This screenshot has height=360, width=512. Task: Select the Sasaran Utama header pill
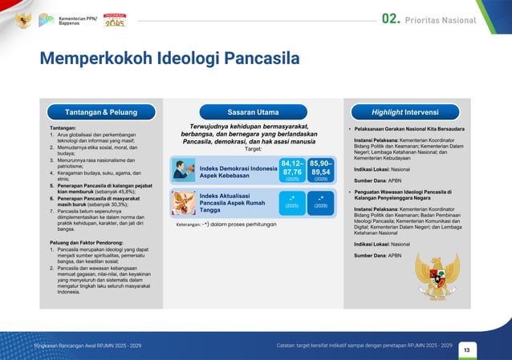[x=253, y=111]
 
